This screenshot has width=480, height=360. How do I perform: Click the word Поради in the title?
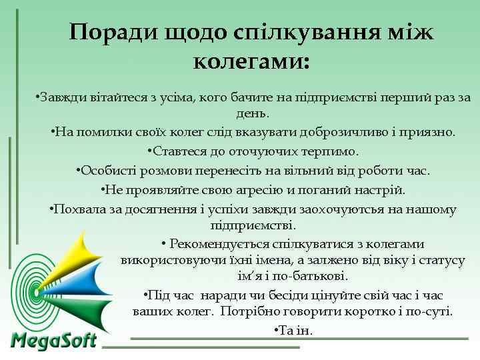[x=113, y=33]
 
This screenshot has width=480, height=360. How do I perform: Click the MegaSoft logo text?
[x=54, y=341]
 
